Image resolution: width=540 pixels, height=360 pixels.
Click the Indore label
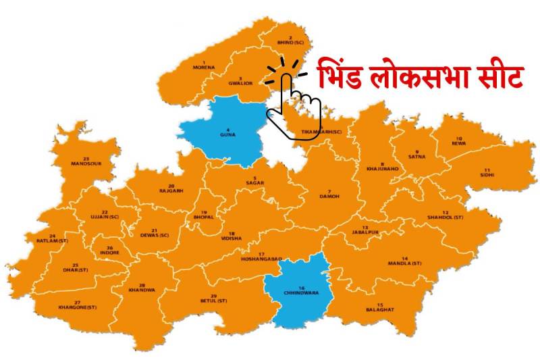pos(109,252)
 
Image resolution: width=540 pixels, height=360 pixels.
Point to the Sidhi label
pos(487,174)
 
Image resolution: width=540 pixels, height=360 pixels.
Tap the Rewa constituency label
pos(459,143)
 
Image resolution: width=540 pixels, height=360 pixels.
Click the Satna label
pos(416,156)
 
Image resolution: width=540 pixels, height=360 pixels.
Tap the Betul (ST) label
pos(213,300)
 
